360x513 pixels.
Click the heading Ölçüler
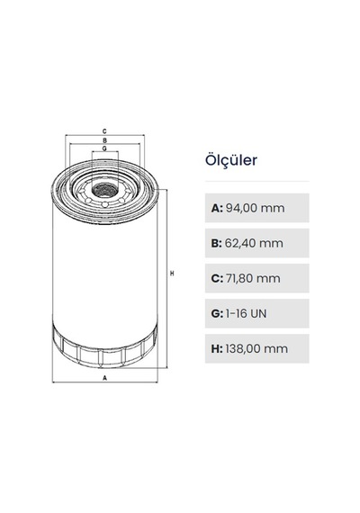pyautogui.click(x=231, y=160)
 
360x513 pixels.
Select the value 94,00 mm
pyautogui.click(x=255, y=208)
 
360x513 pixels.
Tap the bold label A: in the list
pyautogui.click(x=217, y=208)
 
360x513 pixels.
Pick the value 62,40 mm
pyautogui.click(x=254, y=243)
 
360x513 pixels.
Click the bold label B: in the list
pyautogui.click(x=217, y=243)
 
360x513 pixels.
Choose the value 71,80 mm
pyautogui.click(x=253, y=278)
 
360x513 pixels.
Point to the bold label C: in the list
pyautogui.click(x=217, y=278)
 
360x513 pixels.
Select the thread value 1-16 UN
pyautogui.click(x=246, y=313)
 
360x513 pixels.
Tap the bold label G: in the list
pyautogui.click(x=217, y=313)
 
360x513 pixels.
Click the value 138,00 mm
pyautogui.click(x=256, y=349)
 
